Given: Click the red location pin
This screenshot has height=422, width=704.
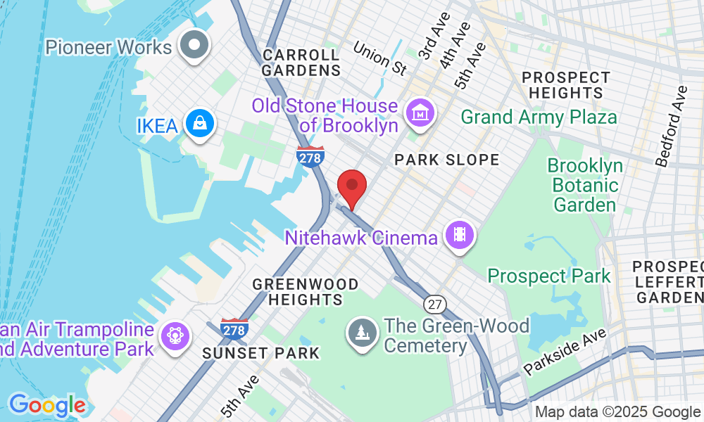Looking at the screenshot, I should pyautogui.click(x=352, y=188).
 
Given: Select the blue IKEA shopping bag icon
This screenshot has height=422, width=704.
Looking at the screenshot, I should pyautogui.click(x=201, y=124).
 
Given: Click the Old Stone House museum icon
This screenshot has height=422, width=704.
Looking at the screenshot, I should pyautogui.click(x=420, y=111).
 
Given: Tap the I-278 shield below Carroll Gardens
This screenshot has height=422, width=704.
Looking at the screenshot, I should pyautogui.click(x=310, y=158).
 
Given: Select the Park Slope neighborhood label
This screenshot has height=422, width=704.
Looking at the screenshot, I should pyautogui.click(x=446, y=160).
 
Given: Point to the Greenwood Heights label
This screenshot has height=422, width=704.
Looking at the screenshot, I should pyautogui.click(x=305, y=292).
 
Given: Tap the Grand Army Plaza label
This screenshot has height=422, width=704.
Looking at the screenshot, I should pyautogui.click(x=539, y=117).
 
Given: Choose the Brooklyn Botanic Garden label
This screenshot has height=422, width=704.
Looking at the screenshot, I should pyautogui.click(x=586, y=186).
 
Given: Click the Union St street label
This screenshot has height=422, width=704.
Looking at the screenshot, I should pyautogui.click(x=380, y=58).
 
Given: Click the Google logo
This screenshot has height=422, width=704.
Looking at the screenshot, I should pyautogui.click(x=47, y=405).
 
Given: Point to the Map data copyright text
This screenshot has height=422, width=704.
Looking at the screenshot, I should pyautogui.click(x=617, y=412).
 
